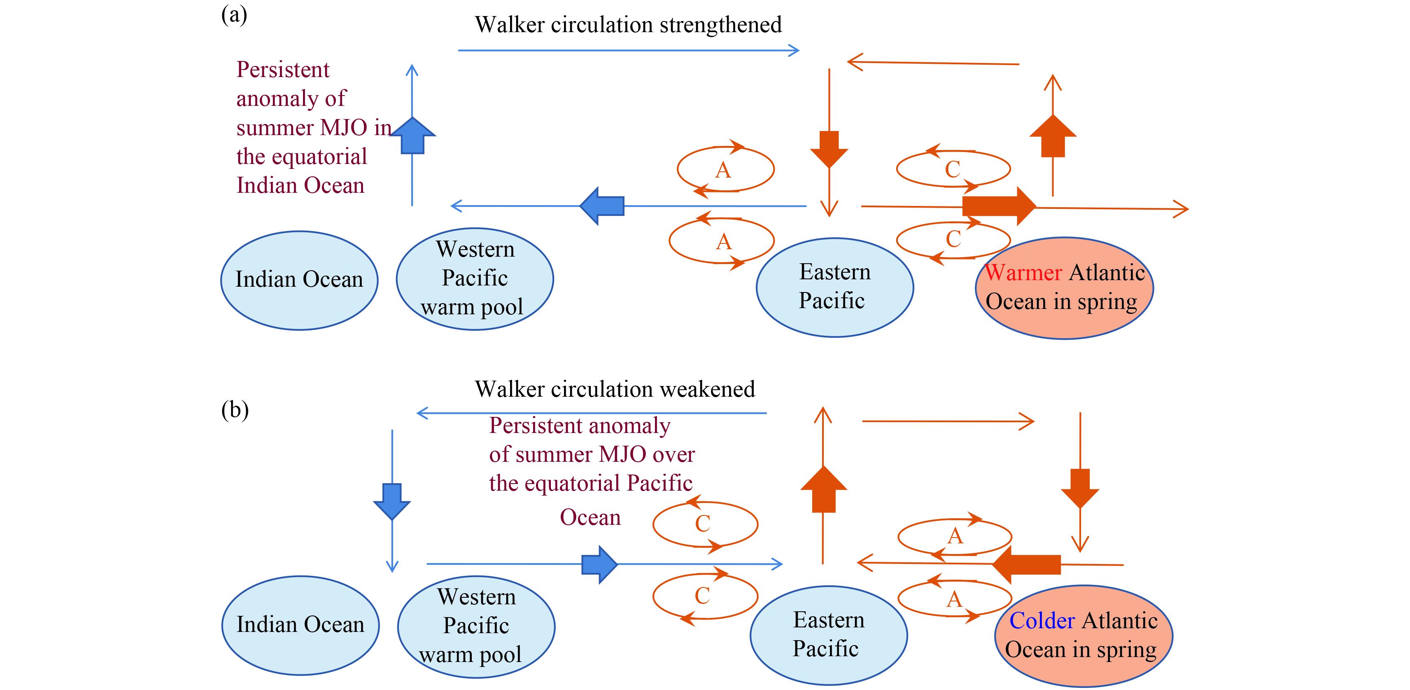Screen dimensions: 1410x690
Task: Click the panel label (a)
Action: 234,15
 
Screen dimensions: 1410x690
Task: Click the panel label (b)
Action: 235,409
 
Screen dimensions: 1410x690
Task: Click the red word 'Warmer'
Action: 1023,272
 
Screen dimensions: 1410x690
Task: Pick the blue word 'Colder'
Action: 1042,620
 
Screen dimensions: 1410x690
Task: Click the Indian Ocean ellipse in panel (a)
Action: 299,281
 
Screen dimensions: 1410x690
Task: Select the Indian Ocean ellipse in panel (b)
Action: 301,625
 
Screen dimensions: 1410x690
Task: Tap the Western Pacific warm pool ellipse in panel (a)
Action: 475,279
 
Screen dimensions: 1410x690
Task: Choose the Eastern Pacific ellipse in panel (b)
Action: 829,635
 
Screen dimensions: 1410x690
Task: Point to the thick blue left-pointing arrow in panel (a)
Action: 601,206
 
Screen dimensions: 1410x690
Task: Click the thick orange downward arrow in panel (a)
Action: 829,150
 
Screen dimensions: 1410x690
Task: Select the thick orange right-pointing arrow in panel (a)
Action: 999,206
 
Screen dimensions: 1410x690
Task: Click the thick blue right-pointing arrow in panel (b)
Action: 600,564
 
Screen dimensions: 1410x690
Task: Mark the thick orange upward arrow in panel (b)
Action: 824,489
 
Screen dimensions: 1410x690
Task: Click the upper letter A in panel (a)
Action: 723,170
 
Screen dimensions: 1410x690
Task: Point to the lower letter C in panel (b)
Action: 702,596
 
